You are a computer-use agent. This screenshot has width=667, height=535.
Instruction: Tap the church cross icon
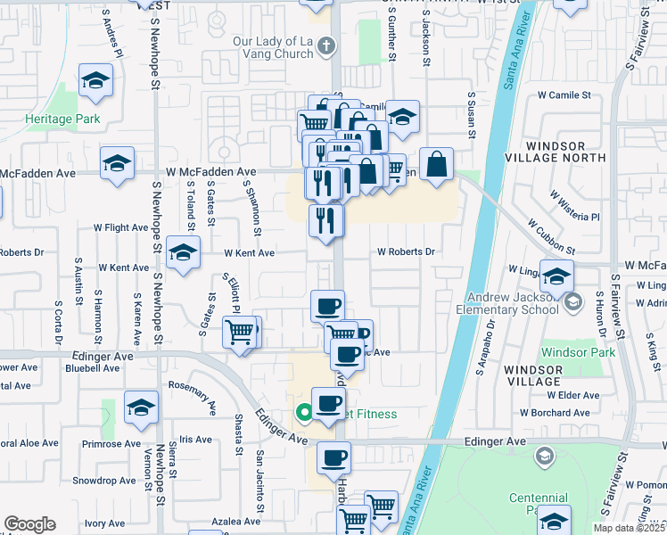point(327,44)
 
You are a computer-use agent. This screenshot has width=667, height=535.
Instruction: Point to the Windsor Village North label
point(567,151)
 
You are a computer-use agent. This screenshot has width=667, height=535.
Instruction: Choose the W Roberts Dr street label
point(406,252)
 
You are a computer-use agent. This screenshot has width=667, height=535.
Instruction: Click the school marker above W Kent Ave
point(183,252)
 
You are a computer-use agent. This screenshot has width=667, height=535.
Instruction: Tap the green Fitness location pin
point(303,412)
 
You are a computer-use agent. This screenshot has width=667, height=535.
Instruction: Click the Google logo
point(29,524)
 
